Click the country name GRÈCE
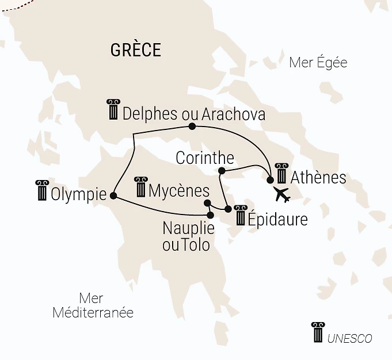click(x=135, y=50)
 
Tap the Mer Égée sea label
click(x=318, y=63)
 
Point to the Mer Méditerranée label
click(x=93, y=306)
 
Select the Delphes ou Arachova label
click(x=194, y=114)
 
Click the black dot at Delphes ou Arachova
click(x=192, y=127)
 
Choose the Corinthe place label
click(x=205, y=158)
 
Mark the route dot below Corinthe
click(x=222, y=171)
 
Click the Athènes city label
click(x=318, y=177)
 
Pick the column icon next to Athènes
click(x=281, y=173)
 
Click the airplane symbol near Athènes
click(x=282, y=195)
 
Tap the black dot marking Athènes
click(x=271, y=179)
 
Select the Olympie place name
click(x=78, y=194)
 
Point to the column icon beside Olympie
click(x=41, y=190)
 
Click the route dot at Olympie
click(x=113, y=196)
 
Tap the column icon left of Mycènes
click(x=140, y=187)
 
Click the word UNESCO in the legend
click(x=349, y=339)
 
